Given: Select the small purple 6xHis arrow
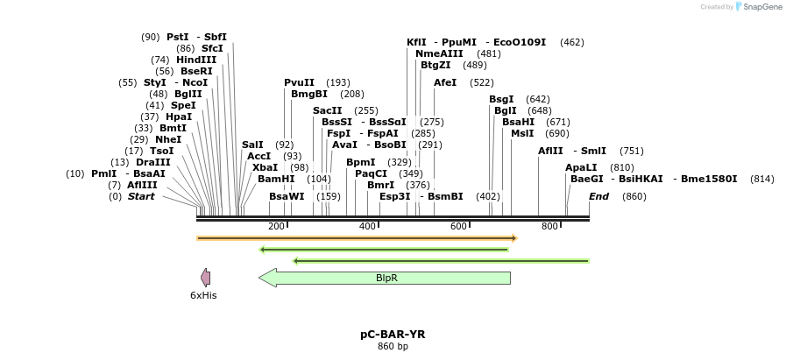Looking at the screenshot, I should click(205, 278).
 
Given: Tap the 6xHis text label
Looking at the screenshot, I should click(203, 295).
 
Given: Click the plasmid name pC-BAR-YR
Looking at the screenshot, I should click(393, 334).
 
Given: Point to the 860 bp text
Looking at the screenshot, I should click(393, 347).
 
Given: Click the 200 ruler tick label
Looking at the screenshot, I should click(276, 227).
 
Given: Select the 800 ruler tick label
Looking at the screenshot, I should click(549, 227).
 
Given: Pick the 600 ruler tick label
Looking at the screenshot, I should click(458, 227).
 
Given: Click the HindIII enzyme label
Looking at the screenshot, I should click(196, 60).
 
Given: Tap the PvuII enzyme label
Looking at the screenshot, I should click(299, 82).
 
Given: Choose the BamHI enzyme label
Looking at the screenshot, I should click(276, 179).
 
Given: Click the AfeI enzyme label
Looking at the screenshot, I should click(445, 82).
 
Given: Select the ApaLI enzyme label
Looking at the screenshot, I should click(581, 167).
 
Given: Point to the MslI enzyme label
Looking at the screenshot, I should click(522, 133).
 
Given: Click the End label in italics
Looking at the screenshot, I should click(598, 196).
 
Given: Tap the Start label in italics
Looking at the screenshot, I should click(141, 196).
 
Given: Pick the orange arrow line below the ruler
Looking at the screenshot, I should click(357, 237).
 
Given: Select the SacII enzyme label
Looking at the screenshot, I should click(327, 110).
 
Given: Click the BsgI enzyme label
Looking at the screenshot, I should click(501, 99).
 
